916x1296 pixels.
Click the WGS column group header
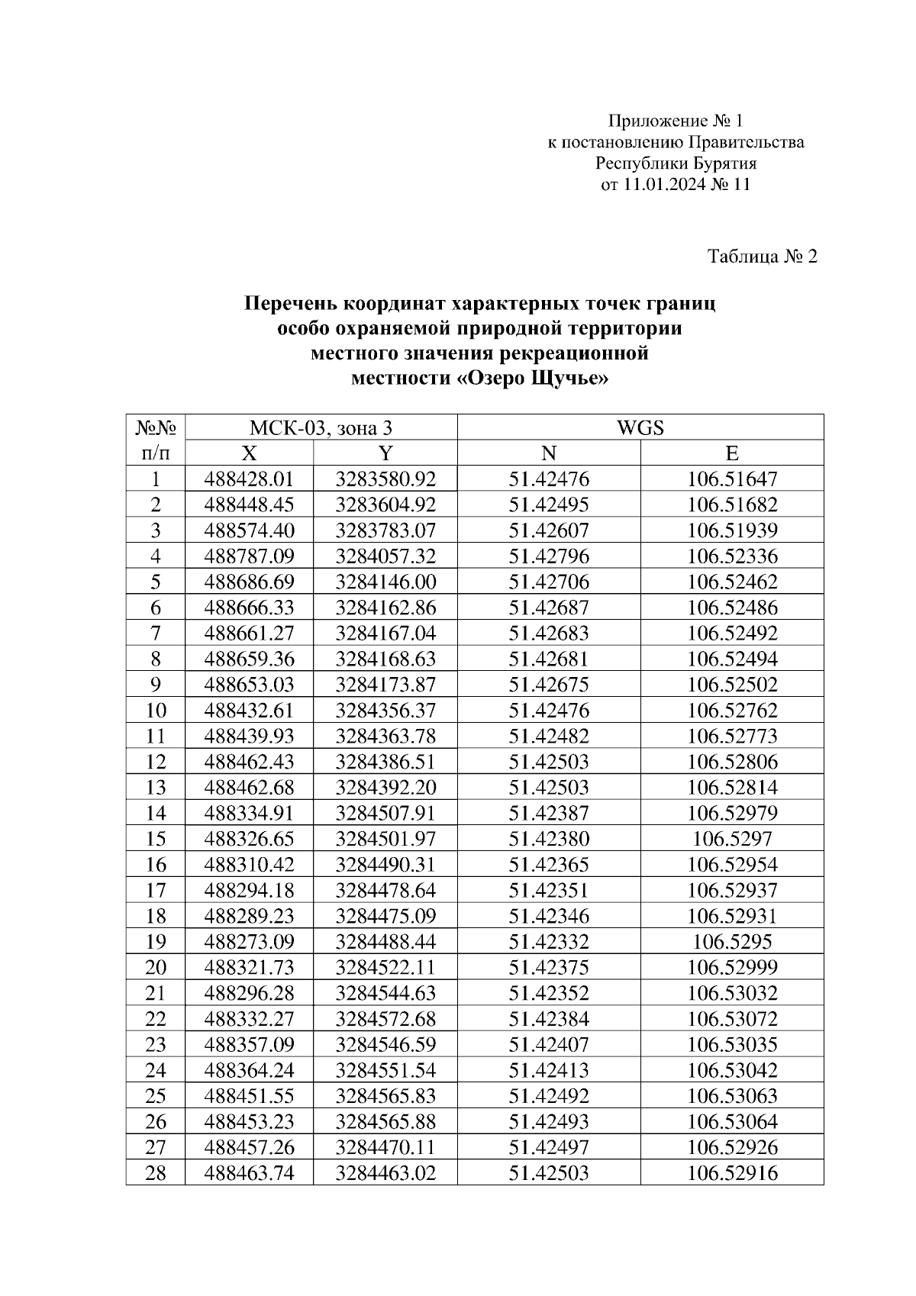[640, 427]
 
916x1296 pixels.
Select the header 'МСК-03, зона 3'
[321, 427]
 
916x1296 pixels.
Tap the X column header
[249, 453]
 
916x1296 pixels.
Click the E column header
[731, 453]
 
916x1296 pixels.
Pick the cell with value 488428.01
[249, 479]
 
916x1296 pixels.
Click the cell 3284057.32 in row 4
[385, 556]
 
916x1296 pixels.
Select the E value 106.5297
[731, 839]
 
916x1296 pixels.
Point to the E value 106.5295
[731, 942]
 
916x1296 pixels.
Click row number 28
[155, 1173]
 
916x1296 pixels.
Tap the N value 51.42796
[549, 556]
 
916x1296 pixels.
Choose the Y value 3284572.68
[385, 1019]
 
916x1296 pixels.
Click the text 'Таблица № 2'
[762, 256]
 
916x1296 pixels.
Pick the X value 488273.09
[249, 942]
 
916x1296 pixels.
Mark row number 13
[155, 788]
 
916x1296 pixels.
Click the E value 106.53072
[731, 1019]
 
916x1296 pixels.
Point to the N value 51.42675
[549, 685]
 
